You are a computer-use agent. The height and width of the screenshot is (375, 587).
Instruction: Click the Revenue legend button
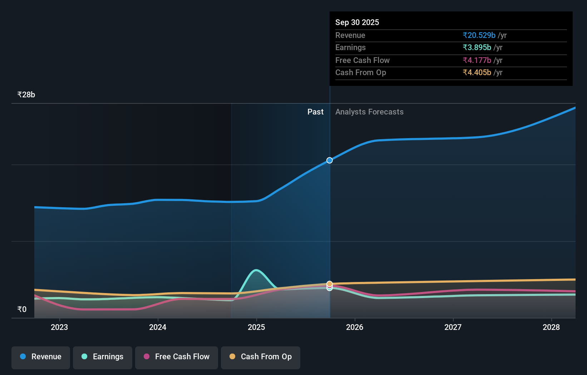click(x=41, y=357)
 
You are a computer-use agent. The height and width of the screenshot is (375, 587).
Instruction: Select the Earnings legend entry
click(x=103, y=357)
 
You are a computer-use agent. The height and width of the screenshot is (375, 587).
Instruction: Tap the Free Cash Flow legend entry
click(x=177, y=357)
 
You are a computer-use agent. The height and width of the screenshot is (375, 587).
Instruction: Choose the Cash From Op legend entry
click(x=261, y=357)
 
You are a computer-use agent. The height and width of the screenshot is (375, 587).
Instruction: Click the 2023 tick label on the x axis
click(x=59, y=327)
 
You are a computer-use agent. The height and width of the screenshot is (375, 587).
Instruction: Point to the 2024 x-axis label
click(x=158, y=327)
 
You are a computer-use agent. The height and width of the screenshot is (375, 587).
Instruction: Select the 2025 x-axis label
click(x=256, y=327)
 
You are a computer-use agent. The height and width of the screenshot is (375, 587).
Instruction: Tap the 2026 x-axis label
click(x=355, y=327)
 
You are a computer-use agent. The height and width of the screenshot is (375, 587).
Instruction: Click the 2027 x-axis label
click(x=453, y=327)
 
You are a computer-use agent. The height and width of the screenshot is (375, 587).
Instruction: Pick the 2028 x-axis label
click(x=551, y=327)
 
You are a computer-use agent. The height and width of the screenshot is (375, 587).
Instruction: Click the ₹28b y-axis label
click(x=26, y=95)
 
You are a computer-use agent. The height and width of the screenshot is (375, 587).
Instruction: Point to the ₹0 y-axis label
click(x=22, y=310)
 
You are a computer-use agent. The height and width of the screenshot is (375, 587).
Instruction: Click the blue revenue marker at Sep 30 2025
click(x=330, y=160)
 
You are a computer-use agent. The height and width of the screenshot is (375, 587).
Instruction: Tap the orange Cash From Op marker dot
click(x=330, y=284)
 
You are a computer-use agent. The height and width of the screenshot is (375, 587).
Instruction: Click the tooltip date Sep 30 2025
click(x=357, y=23)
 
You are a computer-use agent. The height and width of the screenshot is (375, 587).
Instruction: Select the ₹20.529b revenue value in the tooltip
click(x=479, y=35)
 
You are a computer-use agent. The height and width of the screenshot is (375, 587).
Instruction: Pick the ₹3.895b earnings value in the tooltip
click(x=477, y=48)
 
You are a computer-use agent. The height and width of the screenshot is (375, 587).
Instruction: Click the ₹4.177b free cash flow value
click(x=477, y=60)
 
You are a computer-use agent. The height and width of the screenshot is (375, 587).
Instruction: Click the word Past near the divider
click(x=315, y=112)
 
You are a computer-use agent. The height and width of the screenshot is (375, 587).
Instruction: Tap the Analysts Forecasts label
click(x=369, y=112)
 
